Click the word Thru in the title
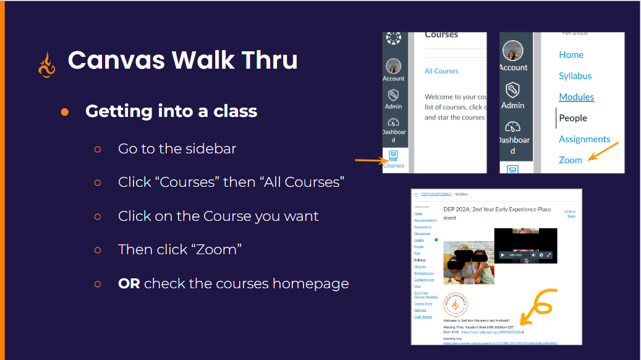(265, 60)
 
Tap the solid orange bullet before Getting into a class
(65, 111)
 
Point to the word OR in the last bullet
(129, 283)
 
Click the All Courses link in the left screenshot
(441, 71)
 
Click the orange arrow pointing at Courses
(368, 161)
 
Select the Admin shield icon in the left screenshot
(393, 95)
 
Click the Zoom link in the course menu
(571, 160)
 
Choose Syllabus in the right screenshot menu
(575, 76)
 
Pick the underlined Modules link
(576, 97)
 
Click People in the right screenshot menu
(573, 118)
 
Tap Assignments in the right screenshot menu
(584, 139)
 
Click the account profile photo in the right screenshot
(513, 51)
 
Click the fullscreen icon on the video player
(549, 255)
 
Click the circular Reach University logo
(456, 304)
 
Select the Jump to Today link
(571, 213)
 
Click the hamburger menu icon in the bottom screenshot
(416, 194)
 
